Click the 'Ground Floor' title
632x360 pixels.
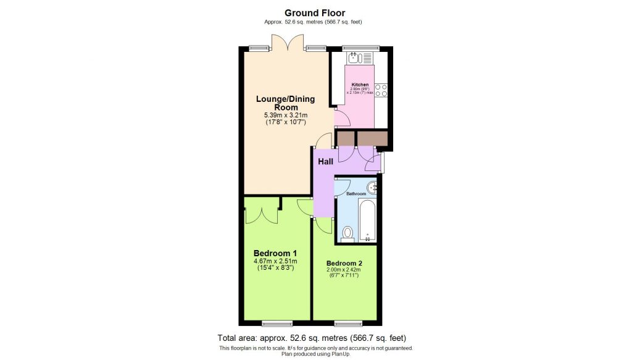tap(315, 12)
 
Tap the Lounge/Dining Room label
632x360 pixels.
tap(277, 103)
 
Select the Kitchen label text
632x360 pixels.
tap(360, 85)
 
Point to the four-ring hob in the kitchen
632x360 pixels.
tap(381, 90)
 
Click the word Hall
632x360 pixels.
tap(325, 162)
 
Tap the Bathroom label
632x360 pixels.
tap(355, 194)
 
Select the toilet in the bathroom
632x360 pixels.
tap(347, 233)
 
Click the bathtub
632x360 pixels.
tap(367, 220)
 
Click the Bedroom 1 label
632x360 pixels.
tap(275, 253)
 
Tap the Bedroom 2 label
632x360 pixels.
tap(344, 262)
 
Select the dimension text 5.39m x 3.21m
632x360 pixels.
tap(277, 115)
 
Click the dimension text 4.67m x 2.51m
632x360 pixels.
tap(275, 261)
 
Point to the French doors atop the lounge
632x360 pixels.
tap(288, 43)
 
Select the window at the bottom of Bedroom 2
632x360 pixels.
tap(348, 322)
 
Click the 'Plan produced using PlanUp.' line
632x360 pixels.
tap(316, 354)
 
